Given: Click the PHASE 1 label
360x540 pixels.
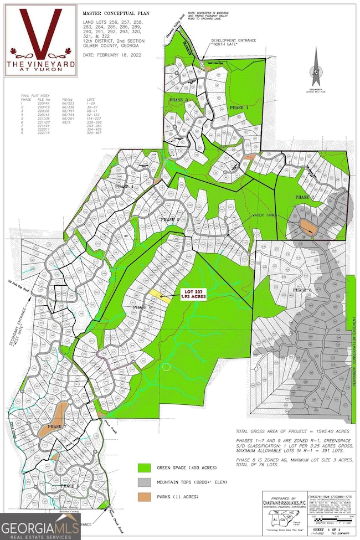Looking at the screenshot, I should point(239,107).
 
